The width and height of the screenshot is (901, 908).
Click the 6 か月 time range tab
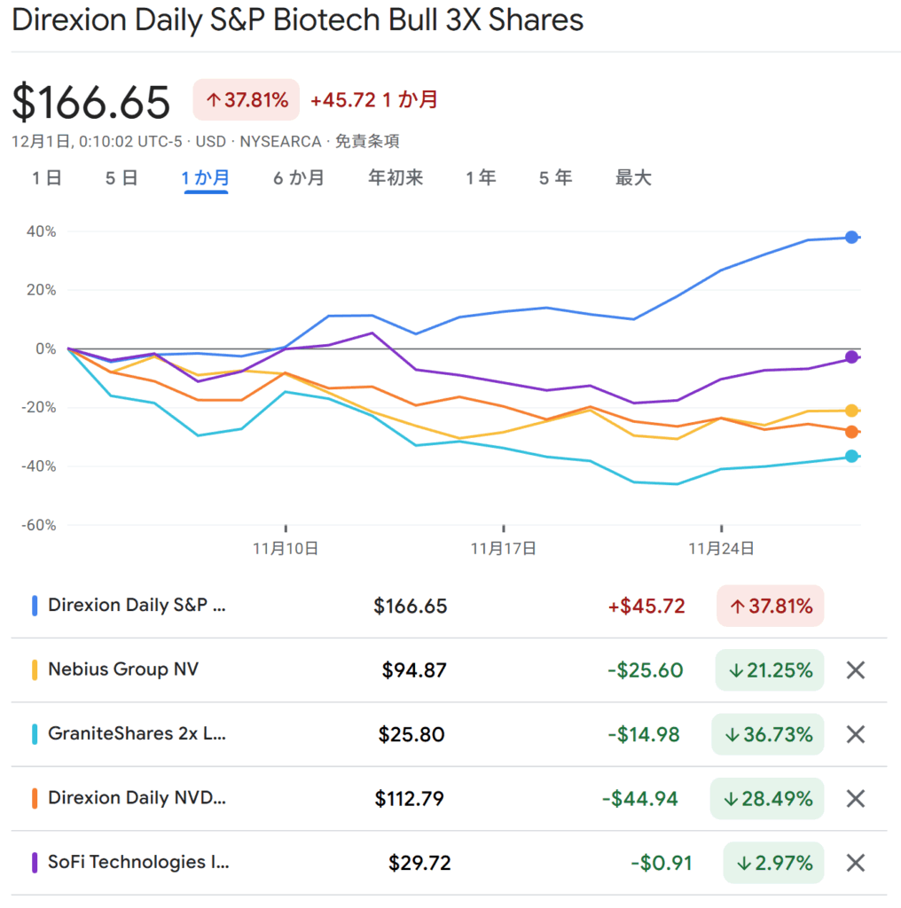pyautogui.click(x=298, y=178)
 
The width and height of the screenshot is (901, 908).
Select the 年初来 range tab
pyautogui.click(x=396, y=178)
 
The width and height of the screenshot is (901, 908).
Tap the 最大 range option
pyautogui.click(x=633, y=178)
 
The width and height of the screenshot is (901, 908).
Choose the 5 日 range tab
pyautogui.click(x=121, y=178)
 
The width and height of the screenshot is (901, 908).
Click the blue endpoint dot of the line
pyautogui.click(x=851, y=237)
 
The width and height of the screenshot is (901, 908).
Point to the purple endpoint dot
pyautogui.click(x=851, y=357)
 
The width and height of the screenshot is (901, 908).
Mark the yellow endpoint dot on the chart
pyautogui.click(x=851, y=411)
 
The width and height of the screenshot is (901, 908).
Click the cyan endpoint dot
pyautogui.click(x=851, y=457)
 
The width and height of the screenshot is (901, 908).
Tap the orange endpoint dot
pyautogui.click(x=851, y=432)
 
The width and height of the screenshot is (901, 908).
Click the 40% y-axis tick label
pyautogui.click(x=41, y=231)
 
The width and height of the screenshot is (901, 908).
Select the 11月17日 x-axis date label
pyautogui.click(x=503, y=549)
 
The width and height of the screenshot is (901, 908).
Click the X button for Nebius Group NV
pyautogui.click(x=855, y=670)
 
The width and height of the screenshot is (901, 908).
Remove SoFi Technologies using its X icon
pyautogui.click(x=855, y=863)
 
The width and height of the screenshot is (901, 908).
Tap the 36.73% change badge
pyautogui.click(x=768, y=735)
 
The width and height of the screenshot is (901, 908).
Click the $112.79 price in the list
pyautogui.click(x=409, y=799)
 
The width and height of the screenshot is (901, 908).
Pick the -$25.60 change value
pyautogui.click(x=645, y=670)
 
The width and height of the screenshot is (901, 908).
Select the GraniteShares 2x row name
pyautogui.click(x=137, y=734)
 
